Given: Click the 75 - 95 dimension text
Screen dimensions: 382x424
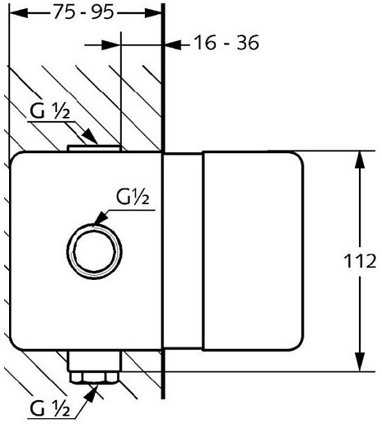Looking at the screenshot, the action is (x=84, y=12).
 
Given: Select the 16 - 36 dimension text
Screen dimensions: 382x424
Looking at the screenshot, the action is (x=226, y=43).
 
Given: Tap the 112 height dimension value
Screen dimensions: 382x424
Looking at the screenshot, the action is (x=360, y=261).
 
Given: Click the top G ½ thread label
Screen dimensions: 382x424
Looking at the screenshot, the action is (x=50, y=111).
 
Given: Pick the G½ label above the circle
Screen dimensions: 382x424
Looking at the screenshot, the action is (x=133, y=197).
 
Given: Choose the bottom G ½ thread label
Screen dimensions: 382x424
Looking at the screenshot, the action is (x=50, y=408).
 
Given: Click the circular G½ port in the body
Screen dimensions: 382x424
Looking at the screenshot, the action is (x=95, y=251).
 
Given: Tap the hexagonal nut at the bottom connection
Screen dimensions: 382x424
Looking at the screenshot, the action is (x=94, y=377).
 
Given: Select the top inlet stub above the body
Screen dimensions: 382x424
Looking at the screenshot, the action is (x=94, y=148).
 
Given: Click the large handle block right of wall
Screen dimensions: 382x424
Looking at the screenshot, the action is (x=253, y=251).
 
